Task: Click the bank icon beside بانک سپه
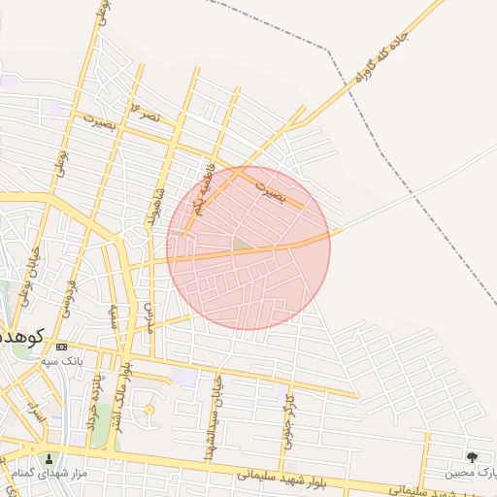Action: pos(62,347)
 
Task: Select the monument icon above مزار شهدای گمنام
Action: pos(50,458)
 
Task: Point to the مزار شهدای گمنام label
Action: pos(50,473)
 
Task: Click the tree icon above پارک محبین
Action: pos(472,457)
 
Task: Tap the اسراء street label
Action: pos(36,414)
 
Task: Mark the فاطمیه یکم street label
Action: pos(202,189)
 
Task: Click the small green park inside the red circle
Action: pos(240,243)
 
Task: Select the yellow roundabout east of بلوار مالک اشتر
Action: pos(149,410)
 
